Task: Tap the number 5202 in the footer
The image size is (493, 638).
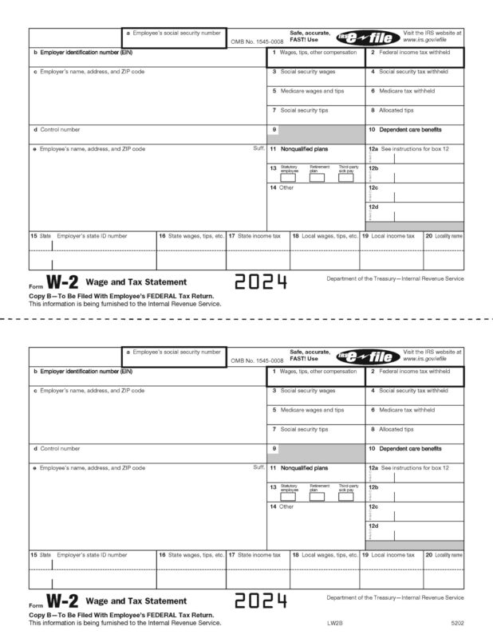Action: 455,623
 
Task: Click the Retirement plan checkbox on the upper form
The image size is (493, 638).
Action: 317,178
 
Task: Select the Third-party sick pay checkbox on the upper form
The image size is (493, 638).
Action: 345,178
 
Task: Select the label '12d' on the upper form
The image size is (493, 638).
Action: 373,207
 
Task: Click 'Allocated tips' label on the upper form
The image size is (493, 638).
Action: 396,110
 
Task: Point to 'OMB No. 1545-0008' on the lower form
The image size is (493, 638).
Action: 257,360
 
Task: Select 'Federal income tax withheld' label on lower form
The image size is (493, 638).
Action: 414,372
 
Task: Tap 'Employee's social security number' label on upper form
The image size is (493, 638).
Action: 176,32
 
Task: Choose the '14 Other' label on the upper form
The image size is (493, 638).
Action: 282,187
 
